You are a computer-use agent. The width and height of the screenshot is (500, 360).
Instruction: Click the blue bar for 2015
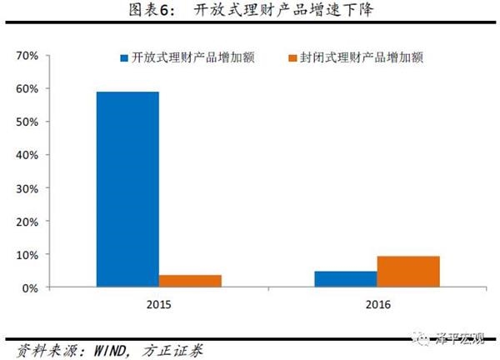coord(127,189)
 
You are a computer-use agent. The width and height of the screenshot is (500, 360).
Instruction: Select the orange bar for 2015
coord(190,281)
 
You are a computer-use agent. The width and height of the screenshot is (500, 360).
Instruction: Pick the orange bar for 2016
coord(408,272)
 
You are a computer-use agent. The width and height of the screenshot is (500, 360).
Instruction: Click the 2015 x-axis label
coord(158,305)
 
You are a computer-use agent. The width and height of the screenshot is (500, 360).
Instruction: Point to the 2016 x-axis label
coord(377,305)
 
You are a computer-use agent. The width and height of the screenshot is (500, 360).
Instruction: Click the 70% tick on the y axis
coord(27,56)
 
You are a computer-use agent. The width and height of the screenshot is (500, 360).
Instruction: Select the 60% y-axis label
coord(27,89)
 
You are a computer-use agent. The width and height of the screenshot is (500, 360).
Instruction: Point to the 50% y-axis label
coord(27,122)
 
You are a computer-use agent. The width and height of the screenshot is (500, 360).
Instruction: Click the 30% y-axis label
coord(27,188)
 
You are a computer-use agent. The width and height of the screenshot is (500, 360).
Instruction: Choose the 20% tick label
coord(27,222)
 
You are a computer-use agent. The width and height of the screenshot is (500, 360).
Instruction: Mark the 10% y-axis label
coord(27,255)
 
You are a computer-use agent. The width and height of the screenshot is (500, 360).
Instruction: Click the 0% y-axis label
coord(31,288)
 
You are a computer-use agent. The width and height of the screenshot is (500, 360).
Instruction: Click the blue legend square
coord(124,58)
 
